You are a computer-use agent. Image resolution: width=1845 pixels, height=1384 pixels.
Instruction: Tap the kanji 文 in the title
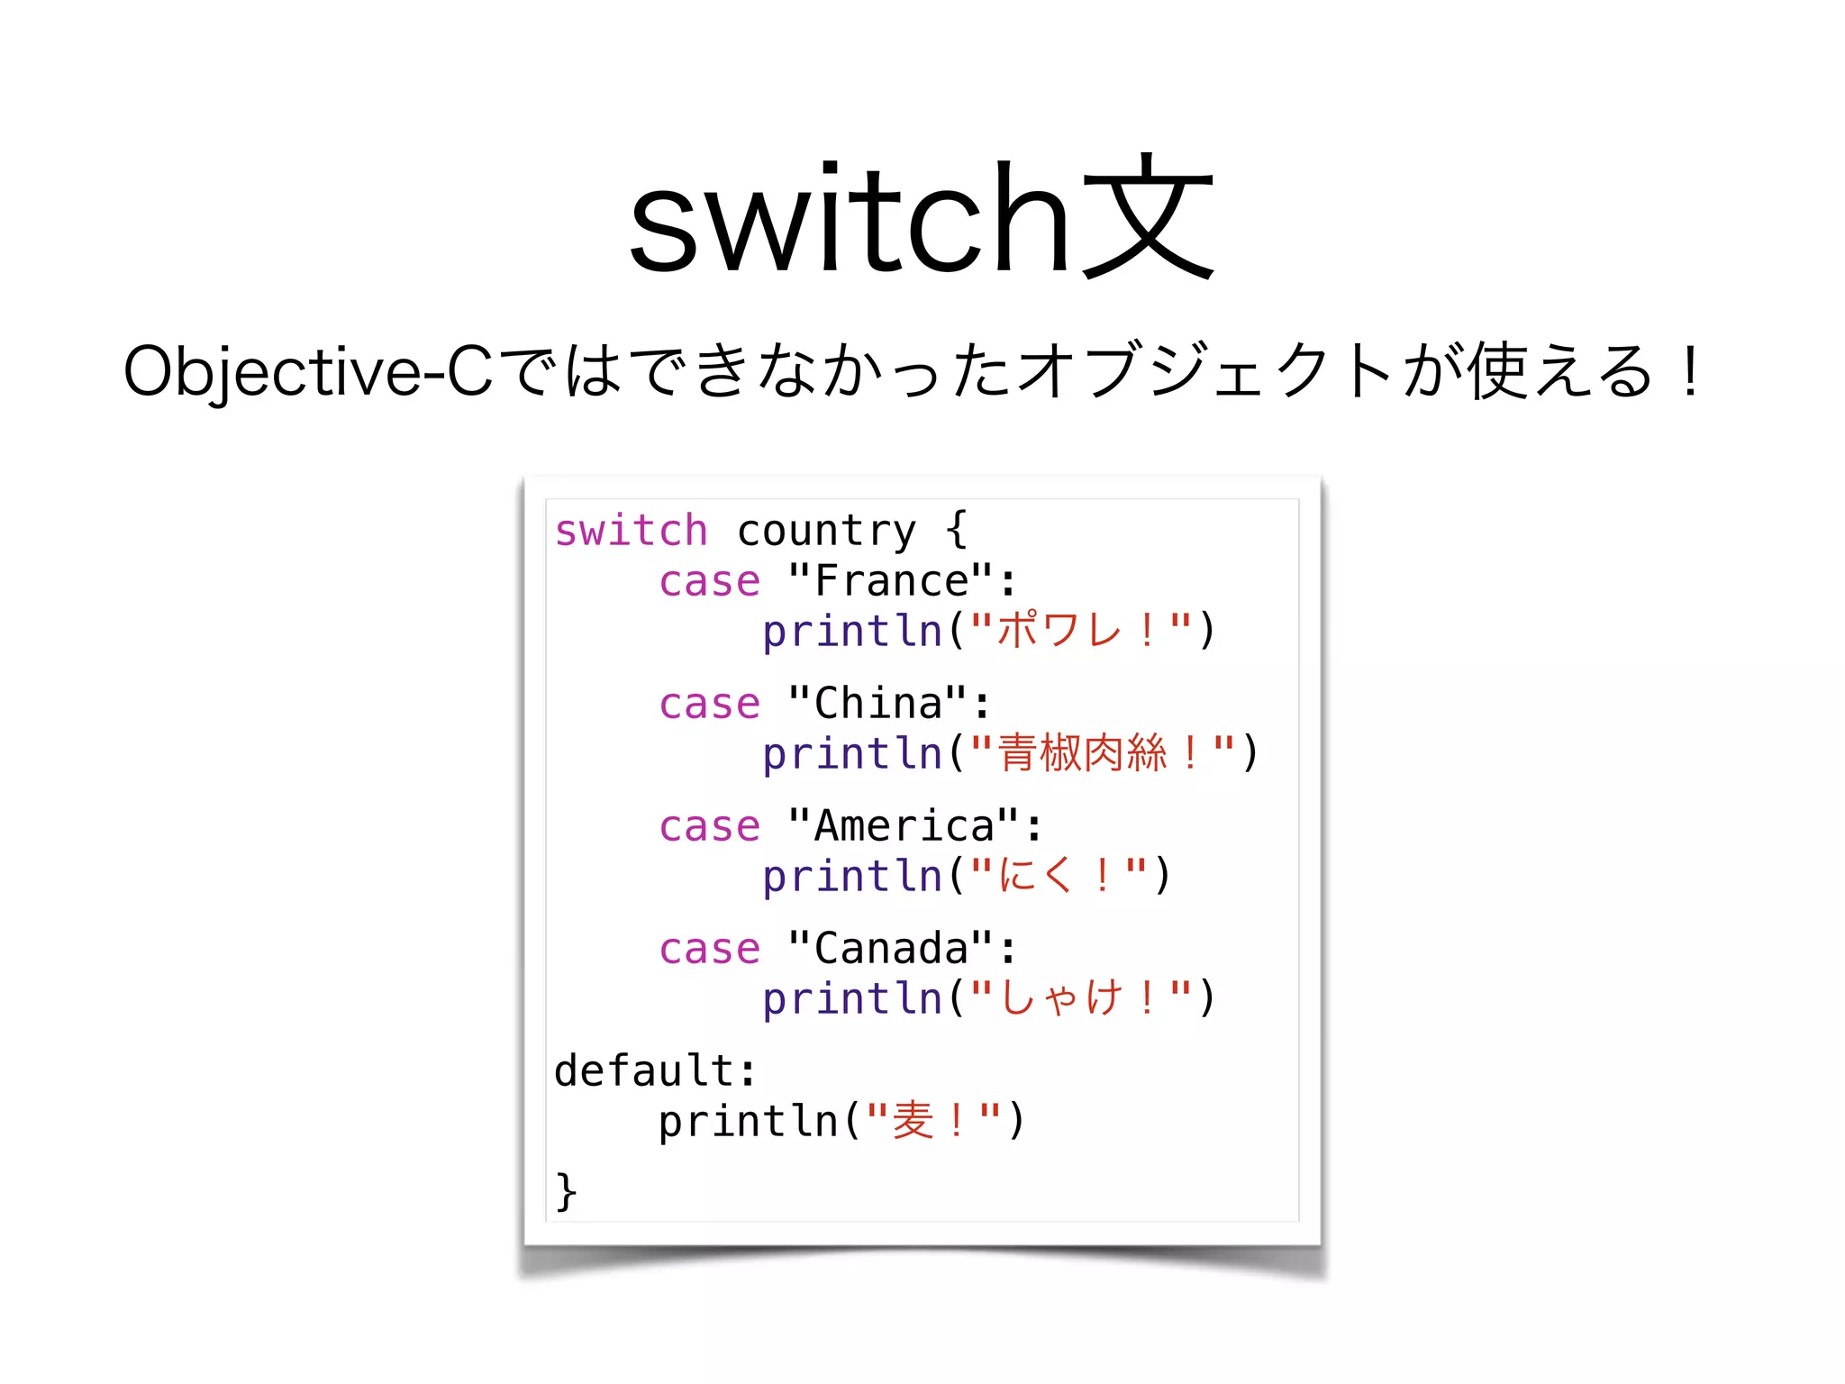coord(1147,216)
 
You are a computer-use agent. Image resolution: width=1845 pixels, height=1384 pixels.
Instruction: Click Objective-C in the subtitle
coord(307,371)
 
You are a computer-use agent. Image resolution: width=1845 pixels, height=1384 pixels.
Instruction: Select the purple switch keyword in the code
coord(631,530)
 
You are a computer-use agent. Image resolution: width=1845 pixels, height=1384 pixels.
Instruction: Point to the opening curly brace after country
coord(956,530)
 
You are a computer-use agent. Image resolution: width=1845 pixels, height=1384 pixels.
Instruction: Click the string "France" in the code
coord(890,580)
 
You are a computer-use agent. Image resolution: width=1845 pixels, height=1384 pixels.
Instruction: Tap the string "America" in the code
coord(904,825)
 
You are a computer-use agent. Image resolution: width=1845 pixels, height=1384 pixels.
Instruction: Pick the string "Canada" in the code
coord(890,948)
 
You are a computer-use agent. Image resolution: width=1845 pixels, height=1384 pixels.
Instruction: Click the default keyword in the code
coord(643,1070)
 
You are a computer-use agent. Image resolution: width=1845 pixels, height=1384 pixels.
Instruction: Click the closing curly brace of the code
coord(566,1191)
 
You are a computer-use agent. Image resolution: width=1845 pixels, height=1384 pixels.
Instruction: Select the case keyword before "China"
coord(709,703)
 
